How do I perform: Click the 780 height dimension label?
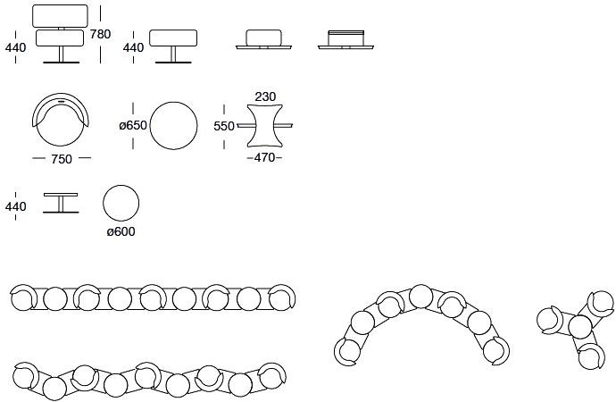[x=100, y=35]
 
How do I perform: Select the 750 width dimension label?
[x=62, y=159]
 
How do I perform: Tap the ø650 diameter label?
[x=133, y=125]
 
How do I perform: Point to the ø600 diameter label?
[x=121, y=231]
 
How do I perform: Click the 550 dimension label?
[x=224, y=126]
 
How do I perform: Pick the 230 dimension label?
[x=265, y=96]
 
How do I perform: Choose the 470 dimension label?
[x=264, y=157]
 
